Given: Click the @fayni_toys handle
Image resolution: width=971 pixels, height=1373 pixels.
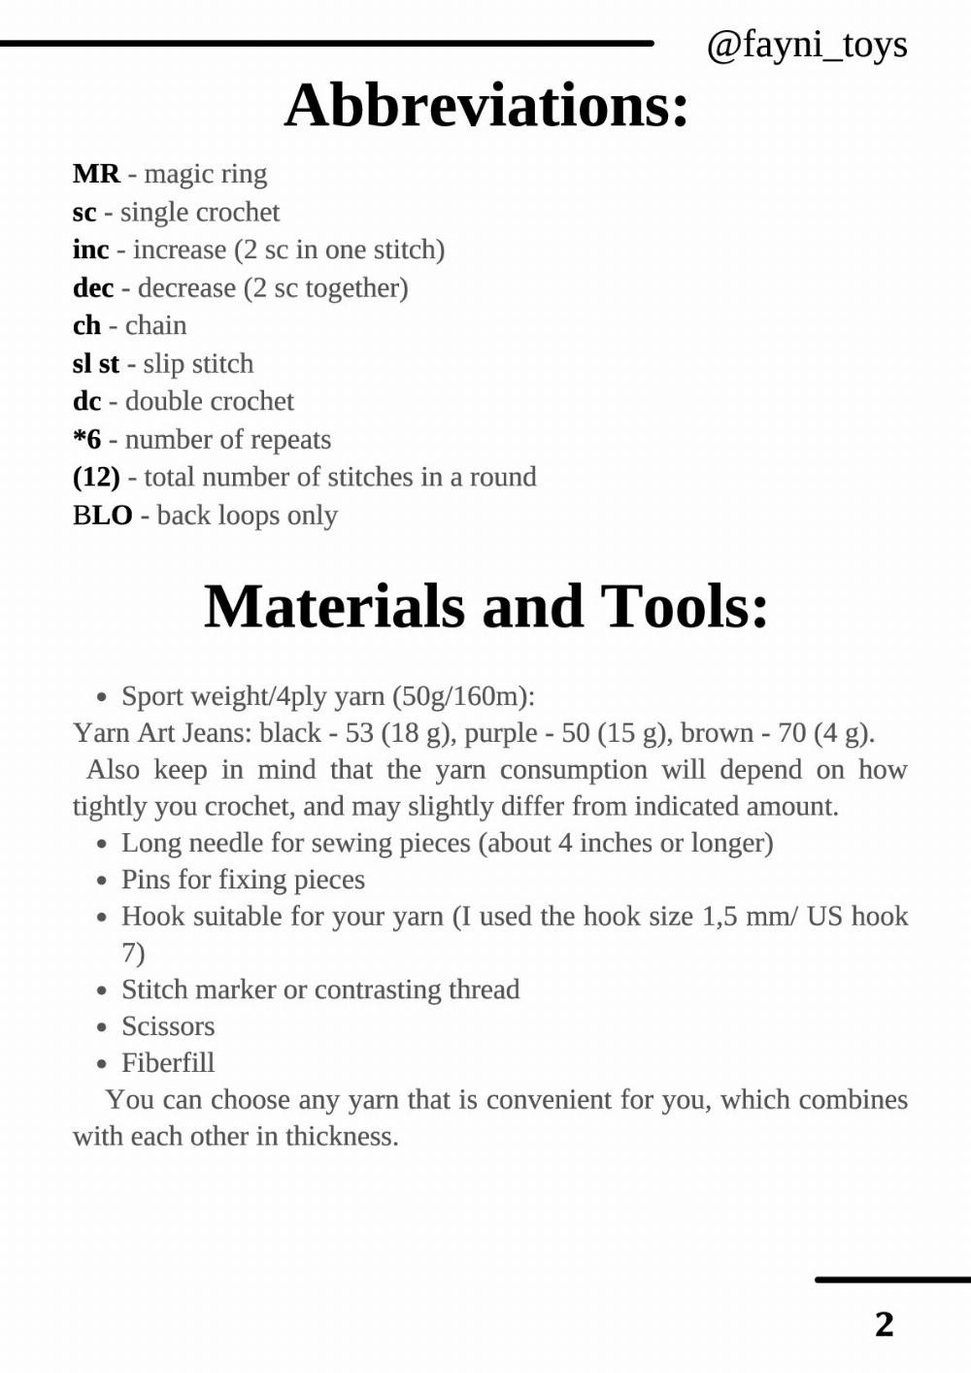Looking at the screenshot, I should pos(807,45).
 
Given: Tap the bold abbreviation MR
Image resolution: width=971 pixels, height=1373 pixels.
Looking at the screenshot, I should pos(96,174).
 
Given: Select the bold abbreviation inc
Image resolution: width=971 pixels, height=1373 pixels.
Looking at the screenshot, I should pos(90,250).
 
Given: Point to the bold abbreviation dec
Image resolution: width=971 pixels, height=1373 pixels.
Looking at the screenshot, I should pos(93,287).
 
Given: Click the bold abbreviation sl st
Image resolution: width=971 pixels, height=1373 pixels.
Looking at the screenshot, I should pos(95,363).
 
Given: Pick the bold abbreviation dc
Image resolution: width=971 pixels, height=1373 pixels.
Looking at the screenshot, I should pos(86,401).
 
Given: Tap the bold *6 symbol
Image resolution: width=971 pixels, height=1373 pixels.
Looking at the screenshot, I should pos(86,439).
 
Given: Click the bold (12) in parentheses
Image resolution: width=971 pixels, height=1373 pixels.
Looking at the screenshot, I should pos(96,477).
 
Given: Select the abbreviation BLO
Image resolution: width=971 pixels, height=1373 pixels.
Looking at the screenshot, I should pos(102,515).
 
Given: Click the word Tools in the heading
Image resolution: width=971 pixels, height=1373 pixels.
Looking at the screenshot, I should pos(685,606).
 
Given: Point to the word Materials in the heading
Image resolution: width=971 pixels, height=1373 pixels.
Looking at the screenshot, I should pos(336,606).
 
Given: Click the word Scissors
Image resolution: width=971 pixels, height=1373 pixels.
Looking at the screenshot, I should pos(168,1026).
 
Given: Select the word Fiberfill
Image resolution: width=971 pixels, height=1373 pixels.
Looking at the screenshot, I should pos(168,1063).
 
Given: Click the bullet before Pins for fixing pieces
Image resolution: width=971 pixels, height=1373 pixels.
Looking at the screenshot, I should pos(102,881).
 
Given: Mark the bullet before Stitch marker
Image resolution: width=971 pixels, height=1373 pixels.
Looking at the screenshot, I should pos(102,990).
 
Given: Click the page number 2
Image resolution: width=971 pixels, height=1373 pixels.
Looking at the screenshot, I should pos(884,1323).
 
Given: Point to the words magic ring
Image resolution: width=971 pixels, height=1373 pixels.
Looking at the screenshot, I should pos(205,174).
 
